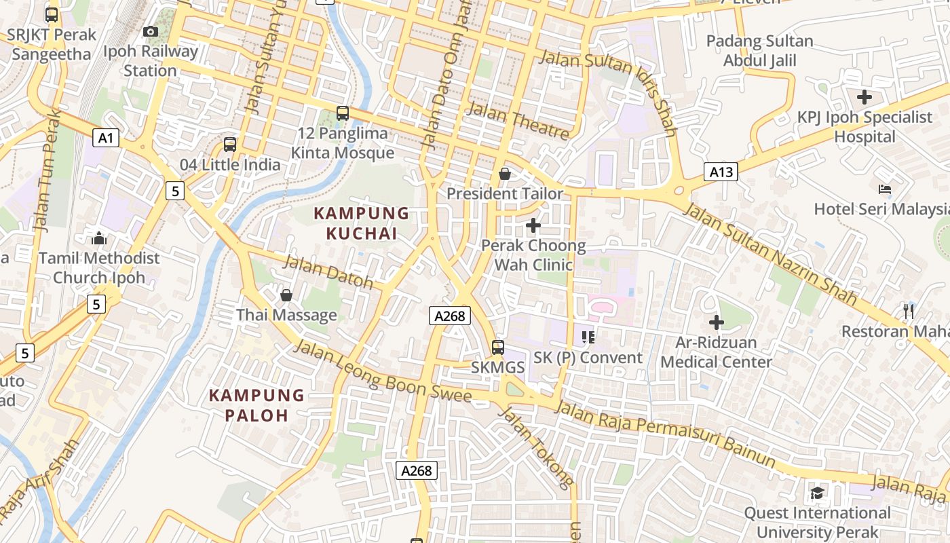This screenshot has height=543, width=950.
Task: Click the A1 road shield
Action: pyautogui.click(x=106, y=138)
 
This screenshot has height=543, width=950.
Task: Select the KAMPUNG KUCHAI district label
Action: pyautogui.click(x=361, y=223)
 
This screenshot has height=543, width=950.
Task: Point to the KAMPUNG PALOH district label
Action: pyautogui.click(x=256, y=405)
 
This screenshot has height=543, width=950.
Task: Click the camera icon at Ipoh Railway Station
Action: pyautogui.click(x=151, y=32)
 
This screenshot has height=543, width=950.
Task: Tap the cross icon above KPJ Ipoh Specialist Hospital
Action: pyautogui.click(x=864, y=97)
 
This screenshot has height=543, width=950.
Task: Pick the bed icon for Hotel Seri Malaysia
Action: pyautogui.click(x=884, y=189)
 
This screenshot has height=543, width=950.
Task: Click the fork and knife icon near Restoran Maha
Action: pyautogui.click(x=909, y=312)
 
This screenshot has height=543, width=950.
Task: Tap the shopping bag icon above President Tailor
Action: pyautogui.click(x=504, y=174)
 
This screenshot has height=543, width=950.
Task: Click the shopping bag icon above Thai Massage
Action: pyautogui.click(x=286, y=296)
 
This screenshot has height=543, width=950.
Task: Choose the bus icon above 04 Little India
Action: pyautogui.click(x=230, y=145)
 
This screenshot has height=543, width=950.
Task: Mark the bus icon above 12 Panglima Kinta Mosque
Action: pyautogui.click(x=343, y=113)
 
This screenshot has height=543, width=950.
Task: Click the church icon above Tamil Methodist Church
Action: pyautogui.click(x=99, y=238)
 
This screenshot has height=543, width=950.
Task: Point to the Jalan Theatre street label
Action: pyautogui.click(x=517, y=121)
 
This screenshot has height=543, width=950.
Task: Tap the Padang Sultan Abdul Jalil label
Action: pyautogui.click(x=759, y=51)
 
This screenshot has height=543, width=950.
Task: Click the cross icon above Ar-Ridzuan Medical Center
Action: pyautogui.click(x=716, y=322)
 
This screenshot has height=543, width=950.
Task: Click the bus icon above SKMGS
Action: pyautogui.click(x=498, y=348)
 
